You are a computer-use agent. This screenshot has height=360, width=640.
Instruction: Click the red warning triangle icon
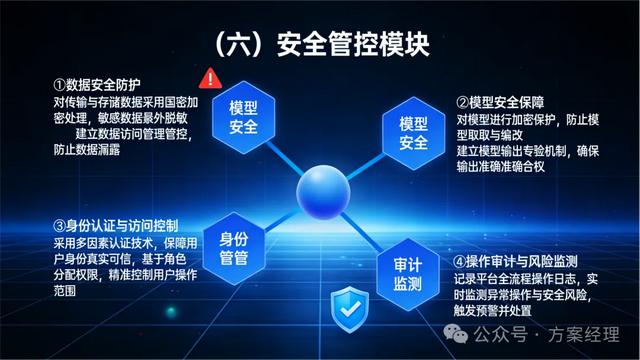[210, 76]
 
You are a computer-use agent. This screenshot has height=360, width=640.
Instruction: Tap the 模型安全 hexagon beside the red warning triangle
[243, 117]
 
